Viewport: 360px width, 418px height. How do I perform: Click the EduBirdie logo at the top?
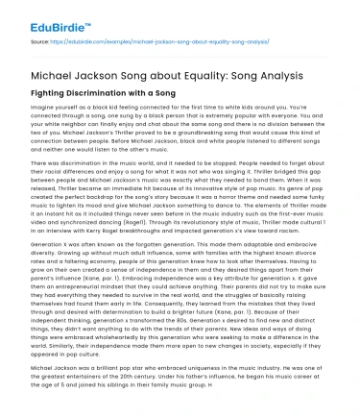coord(39,17)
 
